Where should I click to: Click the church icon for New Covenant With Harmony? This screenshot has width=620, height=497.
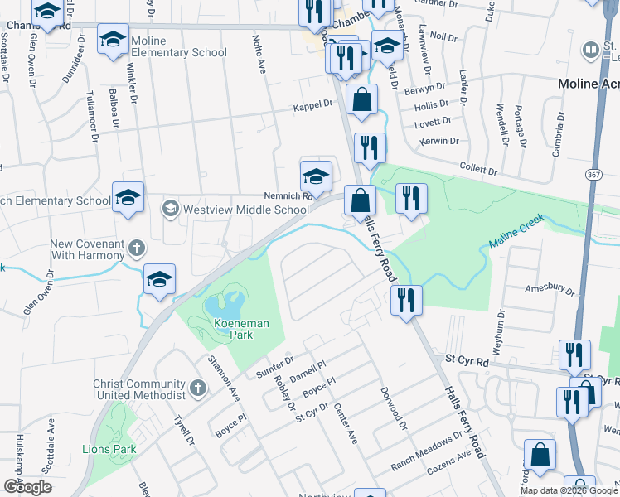click(x=137, y=248)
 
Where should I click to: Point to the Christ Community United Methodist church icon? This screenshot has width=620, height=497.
click(x=197, y=388)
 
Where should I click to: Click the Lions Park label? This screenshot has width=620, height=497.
click(x=108, y=449)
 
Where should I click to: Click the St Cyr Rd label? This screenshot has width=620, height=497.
click(x=467, y=360)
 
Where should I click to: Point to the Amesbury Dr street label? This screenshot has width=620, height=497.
click(x=550, y=291)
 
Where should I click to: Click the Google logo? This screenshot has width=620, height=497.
click(x=27, y=487)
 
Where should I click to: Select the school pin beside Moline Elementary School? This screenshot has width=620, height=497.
click(x=114, y=40)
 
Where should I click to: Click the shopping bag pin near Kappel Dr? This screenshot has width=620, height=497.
click(x=361, y=99)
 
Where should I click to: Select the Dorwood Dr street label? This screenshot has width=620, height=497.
click(x=394, y=408)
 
